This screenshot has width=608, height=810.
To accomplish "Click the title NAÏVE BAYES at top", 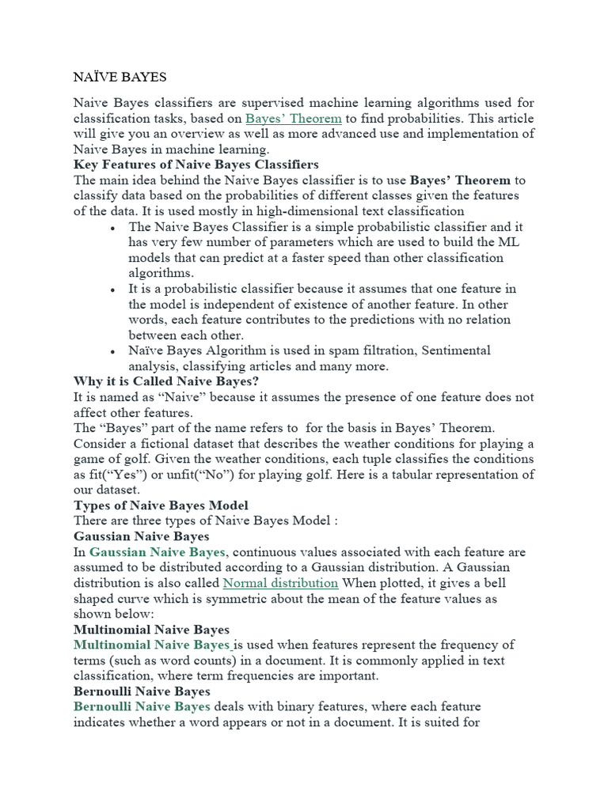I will [120, 78].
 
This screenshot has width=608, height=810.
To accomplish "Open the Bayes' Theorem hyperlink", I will [294, 118].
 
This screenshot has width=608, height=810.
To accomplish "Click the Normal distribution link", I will [280, 583].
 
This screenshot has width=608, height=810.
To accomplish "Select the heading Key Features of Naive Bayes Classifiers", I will [196, 165].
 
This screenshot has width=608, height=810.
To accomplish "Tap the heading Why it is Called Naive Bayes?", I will [167, 380].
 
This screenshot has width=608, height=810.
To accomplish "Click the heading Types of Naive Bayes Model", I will [161, 505].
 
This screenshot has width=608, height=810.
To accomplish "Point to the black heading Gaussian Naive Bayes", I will [141, 536].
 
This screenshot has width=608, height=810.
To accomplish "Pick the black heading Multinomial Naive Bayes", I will [151, 630].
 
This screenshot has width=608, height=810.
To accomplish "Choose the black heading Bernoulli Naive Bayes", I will [142, 691].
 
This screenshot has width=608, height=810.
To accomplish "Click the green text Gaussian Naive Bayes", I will [158, 552].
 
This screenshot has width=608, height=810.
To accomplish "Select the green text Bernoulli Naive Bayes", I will [142, 706].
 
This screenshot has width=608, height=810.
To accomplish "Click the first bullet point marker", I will [115, 228].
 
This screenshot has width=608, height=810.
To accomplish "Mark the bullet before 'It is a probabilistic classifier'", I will [115, 290].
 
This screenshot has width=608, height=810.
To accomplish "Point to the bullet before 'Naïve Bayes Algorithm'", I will [115, 351].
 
